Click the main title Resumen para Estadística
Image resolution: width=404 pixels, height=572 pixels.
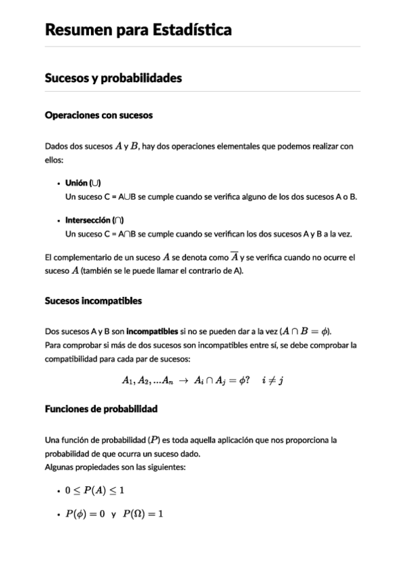click(138, 30)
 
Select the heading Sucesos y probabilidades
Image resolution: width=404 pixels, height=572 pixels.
click(113, 78)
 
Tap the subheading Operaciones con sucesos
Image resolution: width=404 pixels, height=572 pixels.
click(98, 115)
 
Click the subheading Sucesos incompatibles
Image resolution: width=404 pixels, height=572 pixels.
click(93, 301)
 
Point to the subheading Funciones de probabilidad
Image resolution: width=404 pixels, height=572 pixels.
click(101, 409)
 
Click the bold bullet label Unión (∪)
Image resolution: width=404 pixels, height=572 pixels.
click(83, 183)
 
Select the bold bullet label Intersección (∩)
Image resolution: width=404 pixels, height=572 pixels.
click(94, 220)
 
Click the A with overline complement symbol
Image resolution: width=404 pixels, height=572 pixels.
click(234, 257)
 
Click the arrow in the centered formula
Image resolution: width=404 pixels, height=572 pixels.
click(183, 380)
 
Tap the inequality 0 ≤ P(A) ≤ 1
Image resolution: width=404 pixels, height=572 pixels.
click(94, 490)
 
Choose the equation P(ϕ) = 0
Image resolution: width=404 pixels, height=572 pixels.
click(85, 514)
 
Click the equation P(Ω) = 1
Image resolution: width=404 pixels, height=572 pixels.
click(144, 514)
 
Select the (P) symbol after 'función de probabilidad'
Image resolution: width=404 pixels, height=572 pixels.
click(154, 440)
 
